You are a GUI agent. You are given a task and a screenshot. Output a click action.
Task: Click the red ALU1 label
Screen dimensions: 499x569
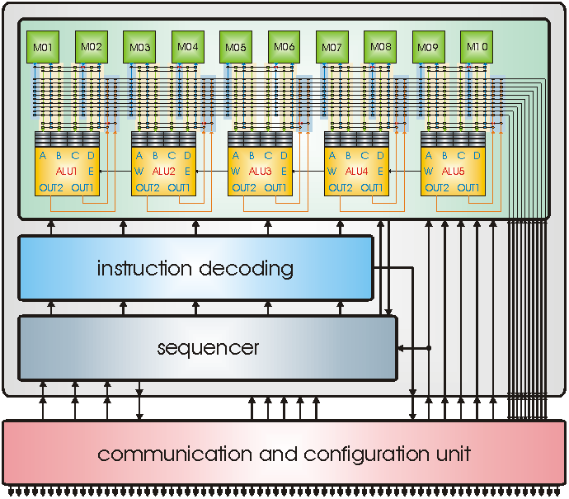tap(67, 172)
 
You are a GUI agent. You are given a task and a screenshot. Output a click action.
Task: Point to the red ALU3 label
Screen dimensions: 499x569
tap(260, 172)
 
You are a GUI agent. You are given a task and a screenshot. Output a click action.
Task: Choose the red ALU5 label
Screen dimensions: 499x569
tap(453, 172)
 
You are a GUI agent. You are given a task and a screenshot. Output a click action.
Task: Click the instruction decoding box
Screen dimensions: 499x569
tap(195, 268)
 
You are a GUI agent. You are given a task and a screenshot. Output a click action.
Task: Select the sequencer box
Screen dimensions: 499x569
tap(208, 348)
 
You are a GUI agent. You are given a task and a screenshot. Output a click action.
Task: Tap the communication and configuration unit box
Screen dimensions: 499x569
tap(284, 453)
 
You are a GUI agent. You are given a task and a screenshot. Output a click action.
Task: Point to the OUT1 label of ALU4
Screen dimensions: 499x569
tap(372, 188)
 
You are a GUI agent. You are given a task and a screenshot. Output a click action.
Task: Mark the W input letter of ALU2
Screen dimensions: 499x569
tap(139, 172)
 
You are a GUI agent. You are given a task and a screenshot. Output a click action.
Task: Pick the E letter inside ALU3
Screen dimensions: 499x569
tap(284, 172)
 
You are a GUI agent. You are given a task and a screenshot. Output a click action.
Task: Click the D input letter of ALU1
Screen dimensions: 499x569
tap(91, 155)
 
